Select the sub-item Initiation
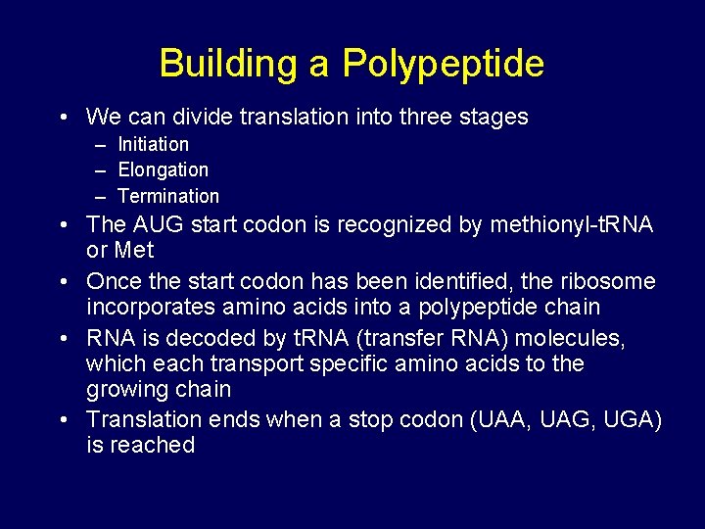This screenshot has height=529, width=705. [154, 144]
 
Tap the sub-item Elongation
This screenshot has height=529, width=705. [163, 169]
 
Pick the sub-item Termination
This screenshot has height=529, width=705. [168, 196]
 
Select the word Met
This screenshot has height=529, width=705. [134, 250]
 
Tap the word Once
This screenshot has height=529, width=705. [116, 281]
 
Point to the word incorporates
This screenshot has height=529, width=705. [152, 307]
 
